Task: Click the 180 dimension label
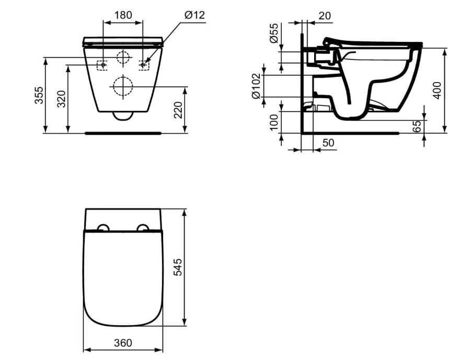[x=123, y=15]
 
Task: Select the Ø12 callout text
[x=194, y=15]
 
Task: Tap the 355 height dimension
[x=39, y=95]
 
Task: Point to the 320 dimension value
[x=62, y=99]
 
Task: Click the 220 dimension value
[x=178, y=110]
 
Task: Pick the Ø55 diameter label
[x=274, y=33]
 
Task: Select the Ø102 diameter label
[x=256, y=86]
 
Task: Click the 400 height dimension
[x=437, y=90]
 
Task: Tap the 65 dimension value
[x=417, y=126]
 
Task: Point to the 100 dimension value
[x=274, y=122]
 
